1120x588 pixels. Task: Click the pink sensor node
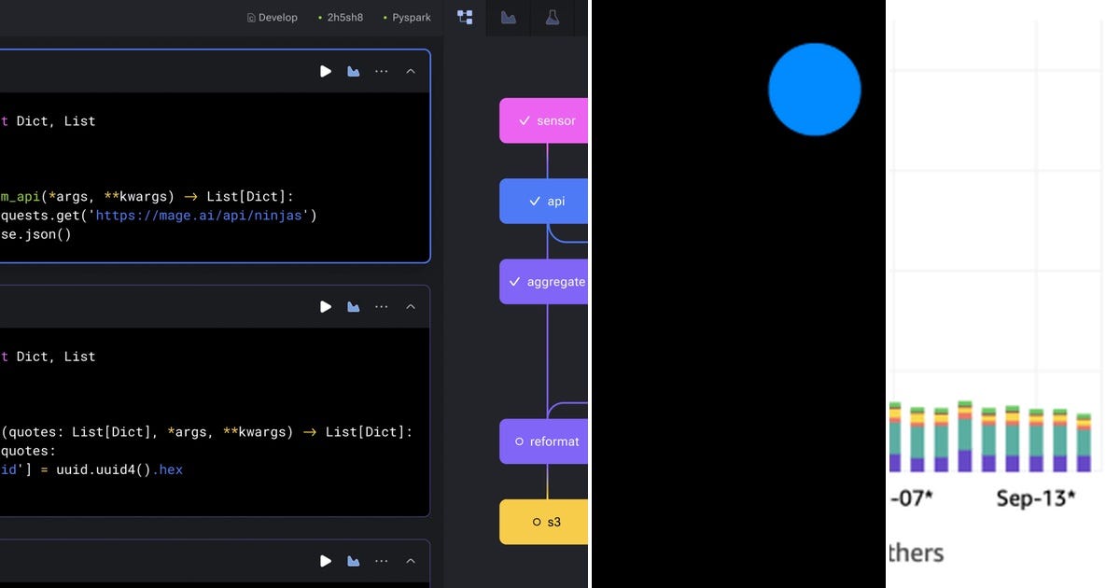point(545,120)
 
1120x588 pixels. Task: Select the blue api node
point(545,201)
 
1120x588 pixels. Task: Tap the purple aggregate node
point(545,282)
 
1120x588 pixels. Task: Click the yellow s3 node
point(545,522)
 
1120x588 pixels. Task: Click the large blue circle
point(814,90)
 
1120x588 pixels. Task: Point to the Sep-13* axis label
point(1035,497)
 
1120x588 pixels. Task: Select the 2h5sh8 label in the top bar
point(344,18)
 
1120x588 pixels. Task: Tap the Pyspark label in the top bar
point(411,18)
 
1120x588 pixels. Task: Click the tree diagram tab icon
point(465,18)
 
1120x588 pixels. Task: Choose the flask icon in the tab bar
point(553,18)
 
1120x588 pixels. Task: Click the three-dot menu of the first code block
point(381,71)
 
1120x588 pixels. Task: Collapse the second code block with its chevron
point(410,306)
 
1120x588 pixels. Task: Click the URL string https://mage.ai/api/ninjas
point(205,216)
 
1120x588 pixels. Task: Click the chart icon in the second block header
point(354,306)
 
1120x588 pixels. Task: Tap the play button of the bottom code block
point(326,561)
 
